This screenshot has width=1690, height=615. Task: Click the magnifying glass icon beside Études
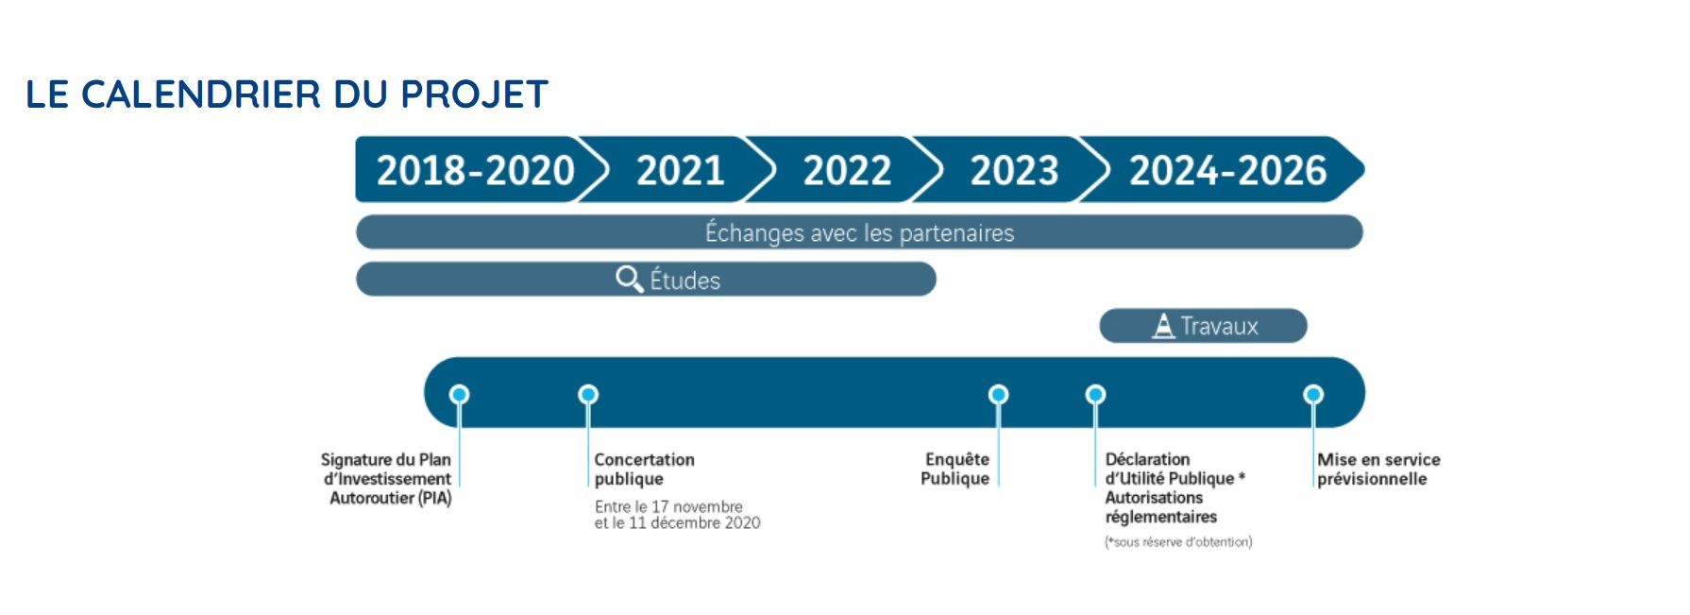pyautogui.click(x=630, y=279)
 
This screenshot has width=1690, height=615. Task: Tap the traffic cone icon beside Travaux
pyautogui.click(x=1164, y=326)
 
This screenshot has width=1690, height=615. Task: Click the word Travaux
pyautogui.click(x=1219, y=327)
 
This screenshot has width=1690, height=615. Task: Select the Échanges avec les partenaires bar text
pyautogui.click(x=859, y=232)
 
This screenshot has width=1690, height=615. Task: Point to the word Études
pyautogui.click(x=685, y=280)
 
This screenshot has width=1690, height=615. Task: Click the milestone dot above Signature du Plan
pyautogui.click(x=459, y=394)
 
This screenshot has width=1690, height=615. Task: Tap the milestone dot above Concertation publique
pyautogui.click(x=588, y=394)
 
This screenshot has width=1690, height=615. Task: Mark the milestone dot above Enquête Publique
pyautogui.click(x=998, y=394)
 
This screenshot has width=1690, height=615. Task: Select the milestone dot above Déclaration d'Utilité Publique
pyautogui.click(x=1095, y=394)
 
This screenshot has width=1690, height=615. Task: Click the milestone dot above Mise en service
pyautogui.click(x=1313, y=394)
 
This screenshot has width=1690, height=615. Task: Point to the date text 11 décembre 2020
pyautogui.click(x=694, y=523)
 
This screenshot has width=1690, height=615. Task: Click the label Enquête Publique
pyautogui.click(x=955, y=469)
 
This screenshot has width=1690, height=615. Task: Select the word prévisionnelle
pyautogui.click(x=1372, y=479)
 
